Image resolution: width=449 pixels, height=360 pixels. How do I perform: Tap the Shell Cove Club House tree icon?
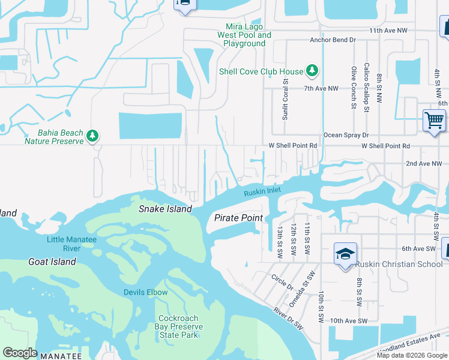[x=312, y=71]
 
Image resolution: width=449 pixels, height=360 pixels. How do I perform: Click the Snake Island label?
[x=165, y=209]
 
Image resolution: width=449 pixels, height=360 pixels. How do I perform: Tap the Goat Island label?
[x=52, y=262]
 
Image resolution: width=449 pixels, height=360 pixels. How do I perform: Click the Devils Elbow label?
[x=145, y=292]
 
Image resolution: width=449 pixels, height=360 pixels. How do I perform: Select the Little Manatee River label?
[x=72, y=244]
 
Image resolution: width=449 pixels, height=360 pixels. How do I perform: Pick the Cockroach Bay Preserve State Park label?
[x=181, y=326]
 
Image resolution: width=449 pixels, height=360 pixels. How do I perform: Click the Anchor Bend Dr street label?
[x=333, y=40]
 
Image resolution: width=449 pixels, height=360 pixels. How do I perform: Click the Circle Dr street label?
[x=282, y=283]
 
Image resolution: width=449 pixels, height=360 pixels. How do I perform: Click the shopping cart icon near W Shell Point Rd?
[x=434, y=120]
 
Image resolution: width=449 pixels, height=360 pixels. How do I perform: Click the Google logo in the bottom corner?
[x=20, y=353]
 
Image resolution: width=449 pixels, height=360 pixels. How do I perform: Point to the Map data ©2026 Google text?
[x=412, y=355]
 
